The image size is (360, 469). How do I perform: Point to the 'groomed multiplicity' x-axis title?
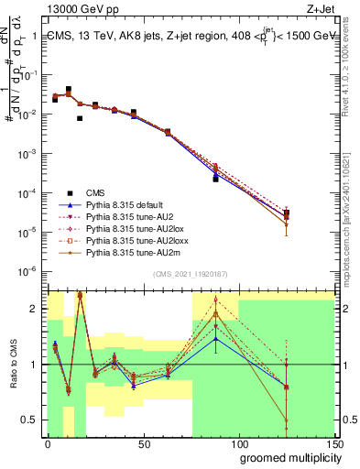tap(287, 457)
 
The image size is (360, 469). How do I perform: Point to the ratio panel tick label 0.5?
tap(34, 421)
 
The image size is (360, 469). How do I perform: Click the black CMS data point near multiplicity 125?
tap(287, 213)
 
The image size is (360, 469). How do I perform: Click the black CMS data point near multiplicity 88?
tap(216, 179)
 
